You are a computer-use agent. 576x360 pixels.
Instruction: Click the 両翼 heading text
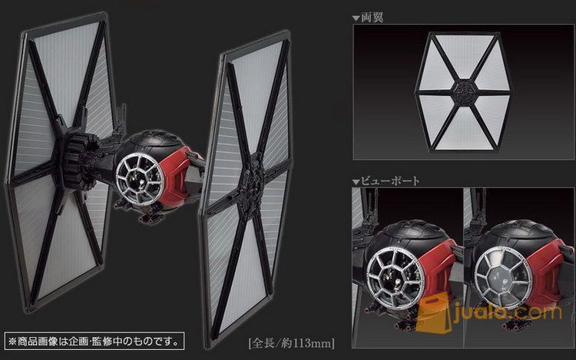tap(372, 17)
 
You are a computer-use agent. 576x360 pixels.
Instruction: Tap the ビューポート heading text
tap(390, 181)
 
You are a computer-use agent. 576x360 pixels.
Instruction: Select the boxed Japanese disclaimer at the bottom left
tap(94, 342)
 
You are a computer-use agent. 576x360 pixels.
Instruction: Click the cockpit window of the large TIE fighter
tap(140, 178)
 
